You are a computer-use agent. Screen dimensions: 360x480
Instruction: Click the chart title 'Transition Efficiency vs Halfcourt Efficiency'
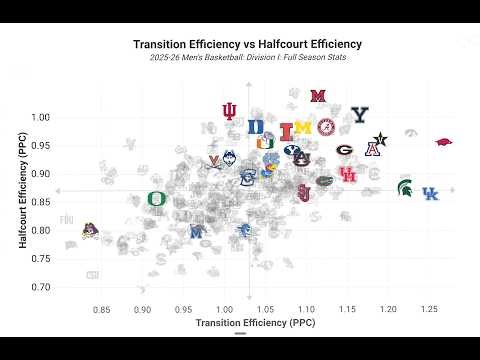(x=247, y=44)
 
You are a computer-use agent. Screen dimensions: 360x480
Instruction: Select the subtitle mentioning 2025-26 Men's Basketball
(x=247, y=57)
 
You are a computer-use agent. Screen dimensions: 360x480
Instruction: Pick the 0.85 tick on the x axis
(x=102, y=310)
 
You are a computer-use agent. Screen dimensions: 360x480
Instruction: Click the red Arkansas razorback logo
(x=444, y=143)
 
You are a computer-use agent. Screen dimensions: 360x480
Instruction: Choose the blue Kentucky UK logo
(x=430, y=194)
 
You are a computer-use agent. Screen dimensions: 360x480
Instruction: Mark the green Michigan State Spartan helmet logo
(x=405, y=187)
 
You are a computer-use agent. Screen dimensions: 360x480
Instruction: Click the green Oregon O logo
(x=157, y=199)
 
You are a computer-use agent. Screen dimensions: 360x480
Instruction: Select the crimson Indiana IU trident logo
(x=230, y=111)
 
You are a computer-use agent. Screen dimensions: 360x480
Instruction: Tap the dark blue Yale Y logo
(x=360, y=115)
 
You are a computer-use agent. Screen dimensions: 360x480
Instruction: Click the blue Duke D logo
(x=256, y=127)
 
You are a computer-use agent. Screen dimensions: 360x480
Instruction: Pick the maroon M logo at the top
(x=318, y=97)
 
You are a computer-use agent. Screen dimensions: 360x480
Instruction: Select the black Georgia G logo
(x=344, y=151)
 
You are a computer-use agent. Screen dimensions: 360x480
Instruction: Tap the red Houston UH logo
(x=348, y=175)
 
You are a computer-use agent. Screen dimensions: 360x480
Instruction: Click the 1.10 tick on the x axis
(x=307, y=310)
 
